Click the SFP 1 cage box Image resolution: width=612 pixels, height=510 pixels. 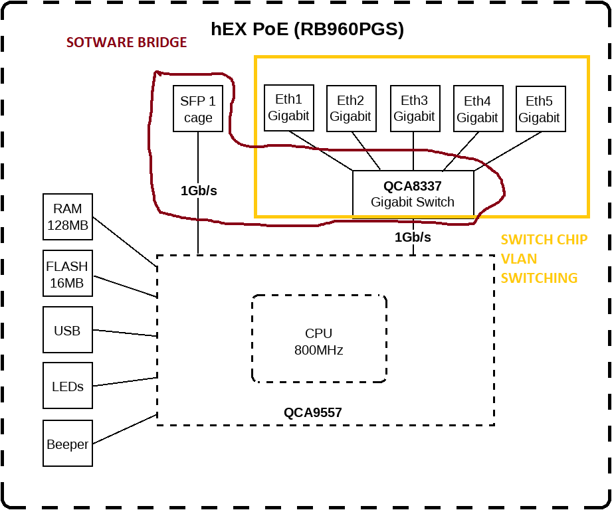[198, 109]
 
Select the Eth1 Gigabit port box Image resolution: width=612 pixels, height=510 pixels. [288, 108]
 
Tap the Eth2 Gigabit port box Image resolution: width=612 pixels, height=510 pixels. [351, 109]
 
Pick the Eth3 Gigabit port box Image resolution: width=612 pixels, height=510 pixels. [414, 108]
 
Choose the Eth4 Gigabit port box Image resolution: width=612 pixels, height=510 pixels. [477, 109]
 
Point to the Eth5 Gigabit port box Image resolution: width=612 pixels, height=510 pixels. [540, 109]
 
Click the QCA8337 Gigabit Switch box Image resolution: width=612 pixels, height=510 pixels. [413, 194]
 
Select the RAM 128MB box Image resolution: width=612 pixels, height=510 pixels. [68, 217]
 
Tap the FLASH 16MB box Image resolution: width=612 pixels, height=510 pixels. [67, 274]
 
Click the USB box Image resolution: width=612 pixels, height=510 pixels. [67, 330]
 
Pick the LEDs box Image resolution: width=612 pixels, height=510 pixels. [67, 386]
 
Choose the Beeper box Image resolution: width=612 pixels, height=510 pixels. [67, 444]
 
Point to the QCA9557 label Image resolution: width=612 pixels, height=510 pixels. [313, 412]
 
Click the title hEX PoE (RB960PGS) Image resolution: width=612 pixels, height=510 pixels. [308, 29]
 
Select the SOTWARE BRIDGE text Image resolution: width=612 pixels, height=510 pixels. [127, 42]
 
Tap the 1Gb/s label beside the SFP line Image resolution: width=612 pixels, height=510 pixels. [199, 191]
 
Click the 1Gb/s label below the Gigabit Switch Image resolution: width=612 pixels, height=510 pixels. [413, 237]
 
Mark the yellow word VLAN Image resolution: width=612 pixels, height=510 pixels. [519, 259]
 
